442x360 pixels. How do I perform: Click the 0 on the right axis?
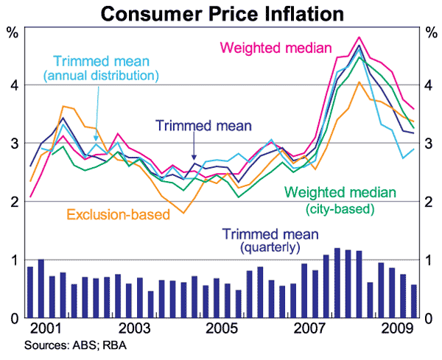point(430,318)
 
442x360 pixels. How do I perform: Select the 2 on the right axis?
point(430,202)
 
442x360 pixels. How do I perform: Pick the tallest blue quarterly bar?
point(337,283)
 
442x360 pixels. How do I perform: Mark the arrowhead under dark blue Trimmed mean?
point(194,158)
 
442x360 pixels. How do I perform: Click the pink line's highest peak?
point(359,37)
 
